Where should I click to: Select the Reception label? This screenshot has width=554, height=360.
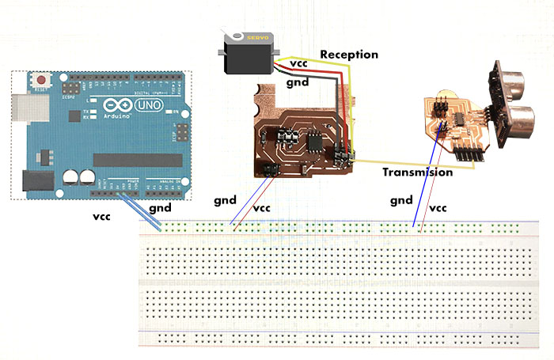tap(348, 55)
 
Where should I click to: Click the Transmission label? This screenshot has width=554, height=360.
tap(417, 172)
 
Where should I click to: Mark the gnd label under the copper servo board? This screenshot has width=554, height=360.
tap(226, 201)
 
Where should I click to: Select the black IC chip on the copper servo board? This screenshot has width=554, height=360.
tap(313, 143)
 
